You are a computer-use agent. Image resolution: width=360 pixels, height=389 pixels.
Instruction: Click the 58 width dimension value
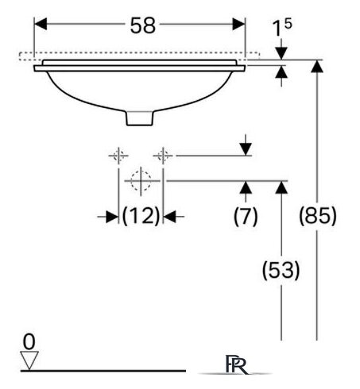(x=142, y=25)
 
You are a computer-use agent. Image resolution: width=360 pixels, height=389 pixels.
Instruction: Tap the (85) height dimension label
(x=318, y=216)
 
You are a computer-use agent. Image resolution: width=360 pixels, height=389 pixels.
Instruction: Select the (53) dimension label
(x=281, y=270)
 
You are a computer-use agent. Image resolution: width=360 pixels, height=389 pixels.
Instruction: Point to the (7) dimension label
(x=246, y=216)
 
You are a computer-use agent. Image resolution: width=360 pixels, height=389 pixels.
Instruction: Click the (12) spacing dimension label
(x=141, y=216)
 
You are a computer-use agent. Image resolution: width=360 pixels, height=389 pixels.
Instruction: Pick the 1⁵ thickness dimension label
(x=282, y=28)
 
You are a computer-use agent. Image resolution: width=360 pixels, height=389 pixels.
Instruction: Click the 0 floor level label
(x=29, y=341)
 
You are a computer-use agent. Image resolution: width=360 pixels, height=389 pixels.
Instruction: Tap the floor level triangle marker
(x=29, y=360)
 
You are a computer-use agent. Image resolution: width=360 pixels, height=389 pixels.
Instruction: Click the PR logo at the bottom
(x=237, y=364)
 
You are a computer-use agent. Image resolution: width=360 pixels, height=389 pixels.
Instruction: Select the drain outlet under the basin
(x=140, y=118)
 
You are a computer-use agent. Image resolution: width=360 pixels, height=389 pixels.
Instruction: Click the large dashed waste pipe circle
(x=141, y=181)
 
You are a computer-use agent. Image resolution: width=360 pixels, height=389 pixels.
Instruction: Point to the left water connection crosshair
(x=118, y=156)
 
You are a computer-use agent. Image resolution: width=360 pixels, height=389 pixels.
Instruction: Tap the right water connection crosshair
(x=163, y=156)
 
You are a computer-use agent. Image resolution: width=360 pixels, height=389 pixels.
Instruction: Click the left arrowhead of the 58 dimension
(x=41, y=24)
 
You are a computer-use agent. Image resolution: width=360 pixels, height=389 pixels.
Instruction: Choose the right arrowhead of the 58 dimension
(x=238, y=24)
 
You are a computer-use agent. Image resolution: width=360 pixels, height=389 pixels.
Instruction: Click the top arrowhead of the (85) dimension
(x=317, y=66)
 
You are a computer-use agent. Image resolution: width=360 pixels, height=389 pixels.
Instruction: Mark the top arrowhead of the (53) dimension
(x=281, y=187)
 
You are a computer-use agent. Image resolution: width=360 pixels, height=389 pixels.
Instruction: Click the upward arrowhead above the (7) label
(x=246, y=187)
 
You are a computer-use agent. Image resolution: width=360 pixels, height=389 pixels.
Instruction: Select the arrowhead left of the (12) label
(x=112, y=217)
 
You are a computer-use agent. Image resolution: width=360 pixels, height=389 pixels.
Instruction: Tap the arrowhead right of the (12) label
(x=169, y=217)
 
